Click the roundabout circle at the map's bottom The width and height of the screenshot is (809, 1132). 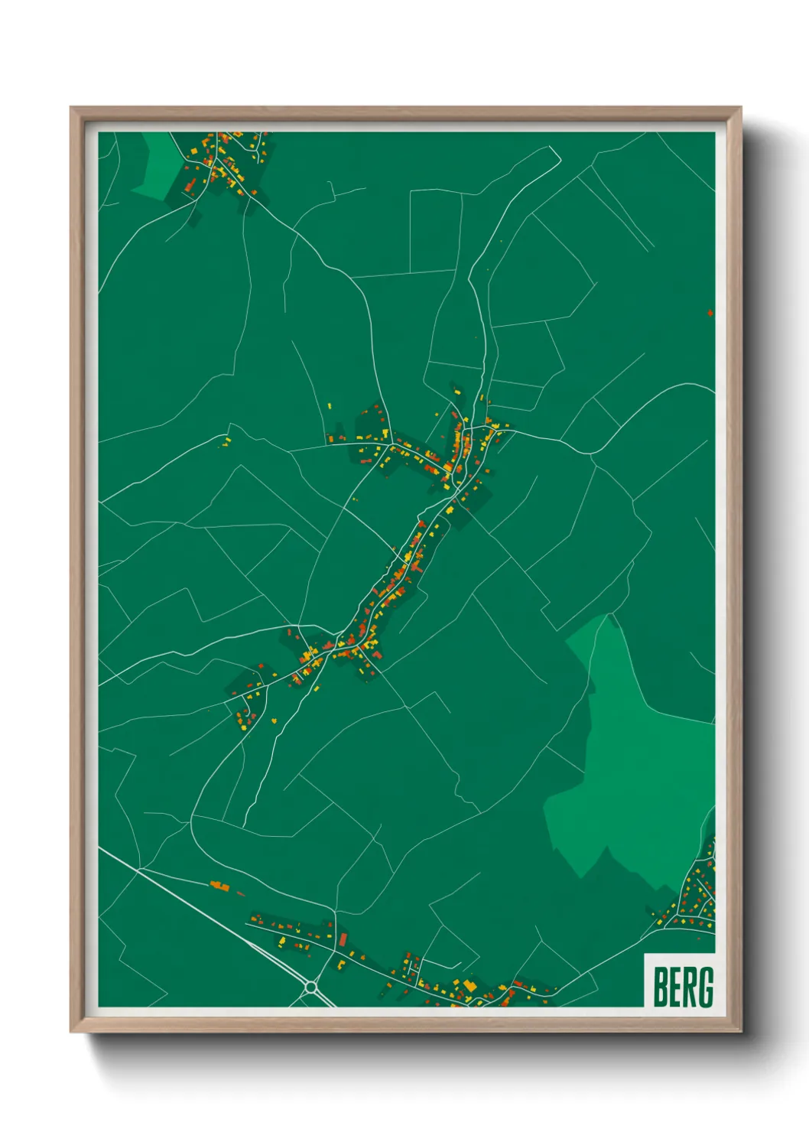coord(310,988)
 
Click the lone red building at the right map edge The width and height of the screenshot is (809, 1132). coord(710,313)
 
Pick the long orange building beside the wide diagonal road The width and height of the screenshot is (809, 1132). coord(219,886)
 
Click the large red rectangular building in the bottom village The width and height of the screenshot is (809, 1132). coord(343,939)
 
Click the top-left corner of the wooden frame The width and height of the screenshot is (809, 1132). coord(72,109)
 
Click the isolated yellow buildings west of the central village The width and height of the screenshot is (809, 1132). coord(226,441)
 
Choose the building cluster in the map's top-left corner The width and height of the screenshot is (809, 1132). coord(222,162)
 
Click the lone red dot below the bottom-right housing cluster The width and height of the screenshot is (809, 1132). coord(700,938)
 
